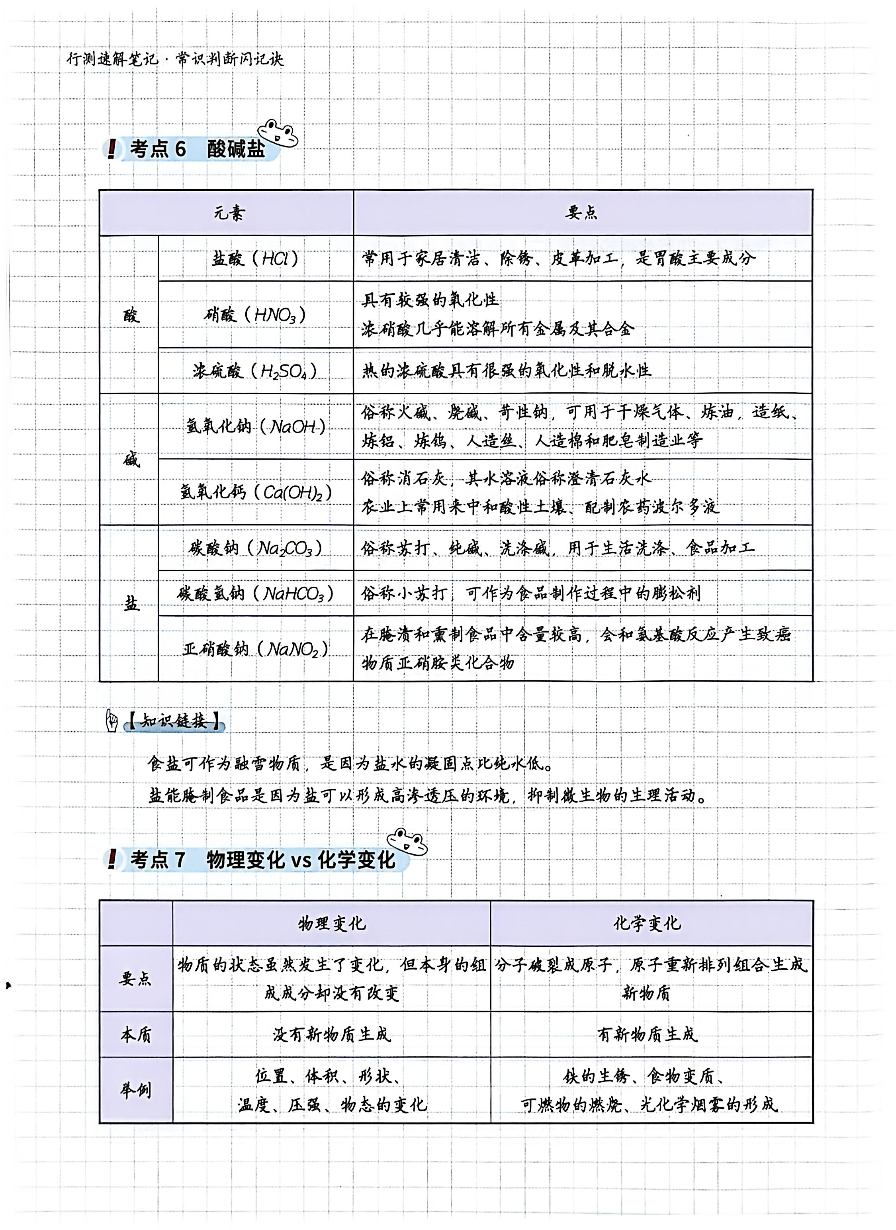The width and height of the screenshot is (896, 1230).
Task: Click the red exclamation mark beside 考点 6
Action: point(112,149)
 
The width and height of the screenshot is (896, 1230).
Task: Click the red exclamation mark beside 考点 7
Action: point(112,858)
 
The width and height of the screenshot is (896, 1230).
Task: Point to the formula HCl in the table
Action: point(275,259)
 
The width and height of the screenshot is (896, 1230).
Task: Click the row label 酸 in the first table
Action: point(131,315)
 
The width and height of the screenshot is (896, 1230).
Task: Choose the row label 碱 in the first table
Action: point(131,460)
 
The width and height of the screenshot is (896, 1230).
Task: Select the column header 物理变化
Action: point(332,923)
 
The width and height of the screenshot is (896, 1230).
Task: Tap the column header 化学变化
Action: point(647,923)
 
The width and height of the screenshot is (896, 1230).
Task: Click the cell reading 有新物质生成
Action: point(647,1035)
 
